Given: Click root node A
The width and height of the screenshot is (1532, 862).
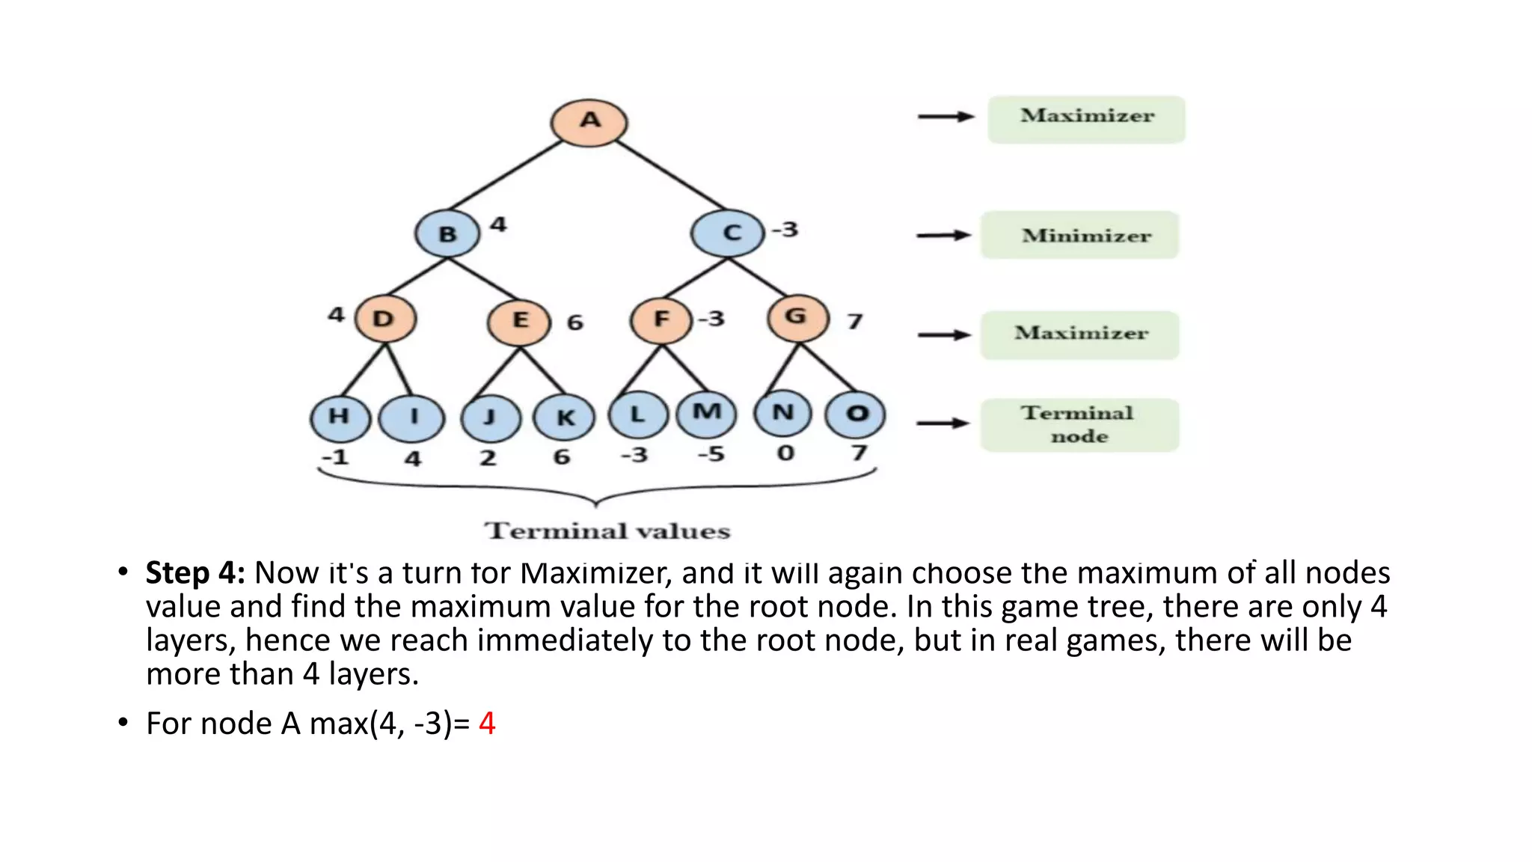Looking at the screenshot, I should (x=589, y=122).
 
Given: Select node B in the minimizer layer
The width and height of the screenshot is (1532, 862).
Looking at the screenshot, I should (x=447, y=233).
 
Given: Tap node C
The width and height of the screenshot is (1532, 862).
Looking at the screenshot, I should (x=728, y=233).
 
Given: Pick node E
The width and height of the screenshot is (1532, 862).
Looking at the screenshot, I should (x=519, y=321).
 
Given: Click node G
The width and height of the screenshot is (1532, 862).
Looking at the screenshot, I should (x=798, y=318).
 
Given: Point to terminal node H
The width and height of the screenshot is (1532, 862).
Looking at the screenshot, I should (x=340, y=417).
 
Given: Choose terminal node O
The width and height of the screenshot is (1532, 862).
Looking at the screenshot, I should (x=855, y=414).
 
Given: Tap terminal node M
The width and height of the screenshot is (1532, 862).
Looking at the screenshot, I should (x=706, y=413).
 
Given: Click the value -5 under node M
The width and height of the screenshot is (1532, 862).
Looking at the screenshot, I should (x=711, y=453).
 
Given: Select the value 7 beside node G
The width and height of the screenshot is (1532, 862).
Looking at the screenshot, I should (x=855, y=322).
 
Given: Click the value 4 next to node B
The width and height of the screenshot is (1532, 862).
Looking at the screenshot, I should (x=498, y=224).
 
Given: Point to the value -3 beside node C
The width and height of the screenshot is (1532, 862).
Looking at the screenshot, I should (x=785, y=229).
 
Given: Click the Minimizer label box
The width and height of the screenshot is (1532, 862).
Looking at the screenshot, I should (x=1079, y=235).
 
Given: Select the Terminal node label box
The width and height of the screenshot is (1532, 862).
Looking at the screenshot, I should (x=1079, y=424).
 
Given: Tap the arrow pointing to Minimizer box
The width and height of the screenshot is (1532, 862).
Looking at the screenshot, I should (x=943, y=236).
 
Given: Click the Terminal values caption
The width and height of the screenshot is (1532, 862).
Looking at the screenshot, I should (x=607, y=531).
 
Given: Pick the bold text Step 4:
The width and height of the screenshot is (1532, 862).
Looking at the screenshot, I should (x=195, y=573).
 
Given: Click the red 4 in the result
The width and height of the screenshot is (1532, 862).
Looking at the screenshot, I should (x=487, y=724).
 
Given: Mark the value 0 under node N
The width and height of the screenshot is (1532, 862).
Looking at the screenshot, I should (x=785, y=453).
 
